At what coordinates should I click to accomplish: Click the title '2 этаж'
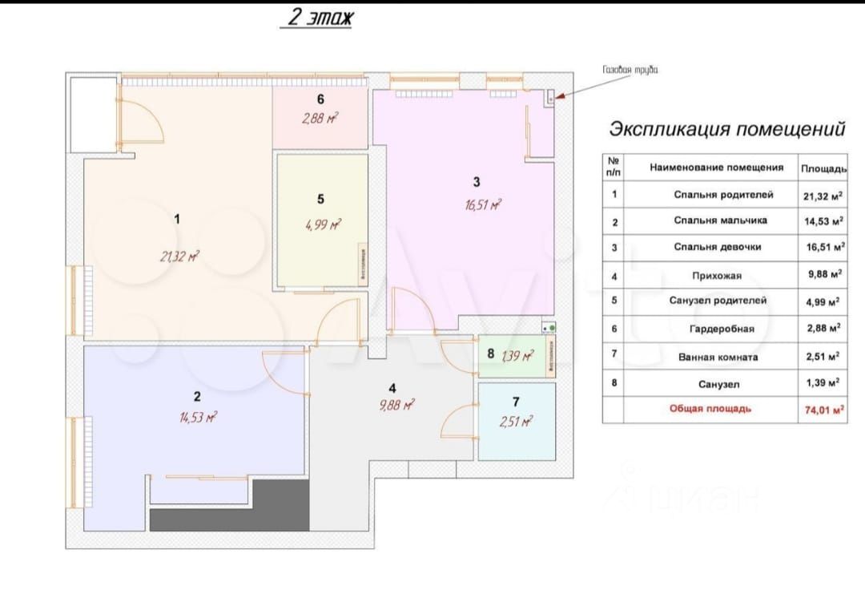coord(316,18)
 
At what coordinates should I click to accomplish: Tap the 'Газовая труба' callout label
coord(630,71)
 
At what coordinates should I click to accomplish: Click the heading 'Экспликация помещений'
coord(727,128)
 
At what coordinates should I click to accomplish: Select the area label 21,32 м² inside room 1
coord(179,257)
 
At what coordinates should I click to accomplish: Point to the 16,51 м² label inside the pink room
coord(482,204)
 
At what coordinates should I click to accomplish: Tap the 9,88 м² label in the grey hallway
coord(397,406)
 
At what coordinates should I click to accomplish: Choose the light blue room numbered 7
coord(517,421)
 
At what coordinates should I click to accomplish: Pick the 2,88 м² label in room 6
coord(320,119)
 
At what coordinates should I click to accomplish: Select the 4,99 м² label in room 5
coord(323,224)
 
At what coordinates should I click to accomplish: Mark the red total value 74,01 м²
coord(823,409)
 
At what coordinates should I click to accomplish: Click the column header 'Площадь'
coord(823,168)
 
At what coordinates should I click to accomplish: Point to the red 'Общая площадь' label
coord(710,409)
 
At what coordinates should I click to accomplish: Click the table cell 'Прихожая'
coord(716,275)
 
